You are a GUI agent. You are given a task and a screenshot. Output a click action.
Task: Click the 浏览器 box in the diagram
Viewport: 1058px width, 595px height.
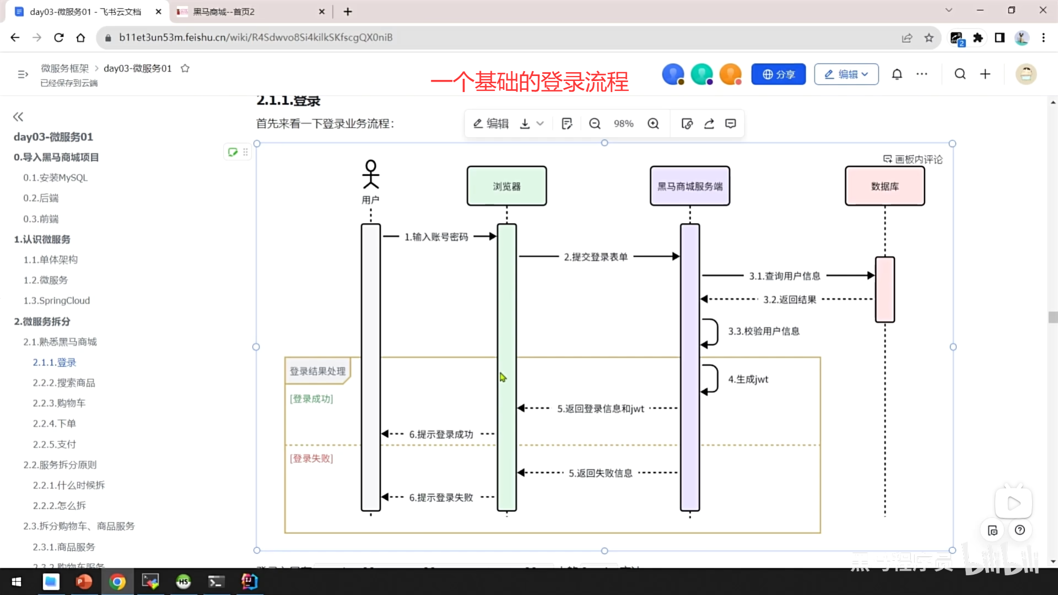pos(506,186)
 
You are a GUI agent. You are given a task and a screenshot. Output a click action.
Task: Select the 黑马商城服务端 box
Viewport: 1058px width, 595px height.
pos(689,186)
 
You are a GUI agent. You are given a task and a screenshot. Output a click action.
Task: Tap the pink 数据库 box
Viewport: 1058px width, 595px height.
pos(884,186)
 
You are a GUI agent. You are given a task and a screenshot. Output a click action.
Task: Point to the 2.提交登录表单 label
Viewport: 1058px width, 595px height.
pos(596,257)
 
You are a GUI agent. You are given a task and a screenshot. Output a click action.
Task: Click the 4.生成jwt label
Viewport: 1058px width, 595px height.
pos(748,380)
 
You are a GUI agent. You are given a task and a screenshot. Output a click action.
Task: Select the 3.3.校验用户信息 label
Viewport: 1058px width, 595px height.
pos(764,331)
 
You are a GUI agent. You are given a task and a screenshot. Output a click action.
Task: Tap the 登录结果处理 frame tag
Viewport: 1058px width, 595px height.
pos(317,371)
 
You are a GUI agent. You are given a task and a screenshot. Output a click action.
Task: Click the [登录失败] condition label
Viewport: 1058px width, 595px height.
pos(311,458)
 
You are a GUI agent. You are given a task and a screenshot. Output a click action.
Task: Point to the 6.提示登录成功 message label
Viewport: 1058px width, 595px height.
pos(441,435)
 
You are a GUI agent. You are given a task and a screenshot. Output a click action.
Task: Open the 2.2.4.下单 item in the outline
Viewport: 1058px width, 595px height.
pos(54,424)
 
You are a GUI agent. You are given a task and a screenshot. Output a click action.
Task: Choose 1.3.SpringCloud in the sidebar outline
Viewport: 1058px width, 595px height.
pos(56,301)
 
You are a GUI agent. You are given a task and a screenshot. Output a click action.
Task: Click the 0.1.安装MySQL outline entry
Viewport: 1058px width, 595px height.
pos(55,178)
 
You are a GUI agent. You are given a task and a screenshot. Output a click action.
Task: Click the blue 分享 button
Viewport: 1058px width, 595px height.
pos(778,74)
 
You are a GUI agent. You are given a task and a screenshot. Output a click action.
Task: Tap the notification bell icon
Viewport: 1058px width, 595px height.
pos(897,74)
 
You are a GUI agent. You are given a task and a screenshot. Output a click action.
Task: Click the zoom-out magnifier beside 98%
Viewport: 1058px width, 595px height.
pos(595,124)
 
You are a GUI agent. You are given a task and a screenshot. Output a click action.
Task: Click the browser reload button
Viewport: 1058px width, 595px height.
pos(59,37)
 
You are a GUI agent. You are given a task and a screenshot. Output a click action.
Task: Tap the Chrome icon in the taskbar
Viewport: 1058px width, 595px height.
pos(117,582)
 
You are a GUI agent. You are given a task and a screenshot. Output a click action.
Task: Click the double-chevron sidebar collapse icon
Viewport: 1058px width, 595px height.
pos(18,117)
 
